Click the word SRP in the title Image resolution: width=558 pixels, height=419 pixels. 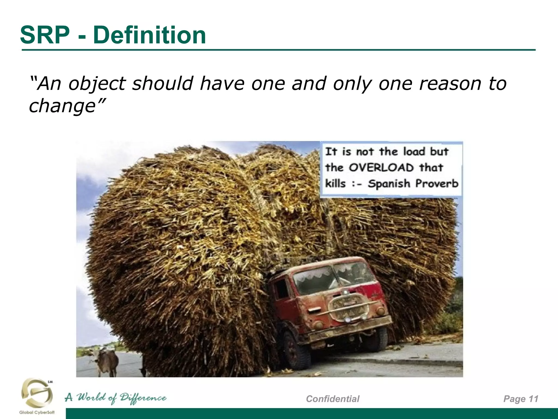coord(45,35)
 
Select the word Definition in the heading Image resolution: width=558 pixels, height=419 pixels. coord(149,35)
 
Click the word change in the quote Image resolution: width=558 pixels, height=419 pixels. coord(62,106)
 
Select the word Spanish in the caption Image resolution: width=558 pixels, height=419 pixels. coord(389,184)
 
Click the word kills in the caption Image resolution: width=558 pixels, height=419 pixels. coord(335,183)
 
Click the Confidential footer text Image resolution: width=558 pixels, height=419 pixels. coord(333,399)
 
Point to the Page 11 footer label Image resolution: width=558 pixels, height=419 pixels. coord(521,399)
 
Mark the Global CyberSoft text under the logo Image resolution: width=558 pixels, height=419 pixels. coord(37,412)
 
